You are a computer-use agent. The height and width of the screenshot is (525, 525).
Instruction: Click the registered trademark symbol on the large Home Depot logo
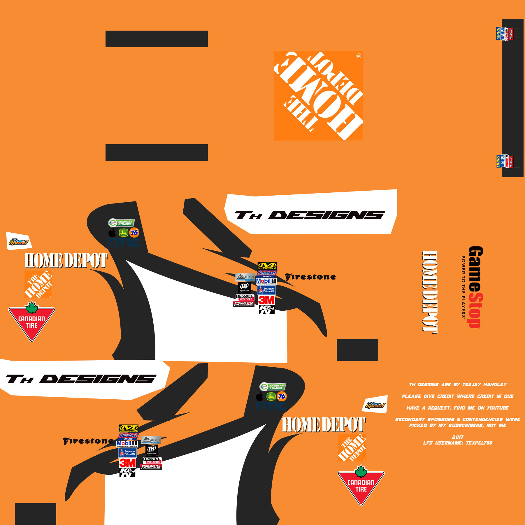[x=359, y=56]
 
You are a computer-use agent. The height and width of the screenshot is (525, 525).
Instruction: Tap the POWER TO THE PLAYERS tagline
[x=463, y=287]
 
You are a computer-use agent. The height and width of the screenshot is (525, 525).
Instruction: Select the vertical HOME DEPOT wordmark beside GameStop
[x=430, y=292]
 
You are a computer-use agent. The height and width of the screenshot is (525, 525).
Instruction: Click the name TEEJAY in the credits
[x=472, y=385]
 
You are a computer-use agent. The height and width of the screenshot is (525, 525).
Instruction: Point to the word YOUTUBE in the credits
[x=498, y=408]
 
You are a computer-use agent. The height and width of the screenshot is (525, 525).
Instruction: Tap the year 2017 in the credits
[x=458, y=437]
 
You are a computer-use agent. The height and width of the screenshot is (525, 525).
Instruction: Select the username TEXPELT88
[x=479, y=443]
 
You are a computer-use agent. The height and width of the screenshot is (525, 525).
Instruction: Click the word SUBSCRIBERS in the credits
[x=466, y=426]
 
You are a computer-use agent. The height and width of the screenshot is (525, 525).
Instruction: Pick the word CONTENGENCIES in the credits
[x=482, y=420]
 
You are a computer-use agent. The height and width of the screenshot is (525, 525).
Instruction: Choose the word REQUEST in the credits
[x=439, y=408]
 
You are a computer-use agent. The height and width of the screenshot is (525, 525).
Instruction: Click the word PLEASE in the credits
[x=412, y=396]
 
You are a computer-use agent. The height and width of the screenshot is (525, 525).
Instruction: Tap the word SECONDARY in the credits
[x=410, y=420]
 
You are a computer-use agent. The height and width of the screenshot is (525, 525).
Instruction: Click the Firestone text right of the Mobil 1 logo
[x=310, y=277]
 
